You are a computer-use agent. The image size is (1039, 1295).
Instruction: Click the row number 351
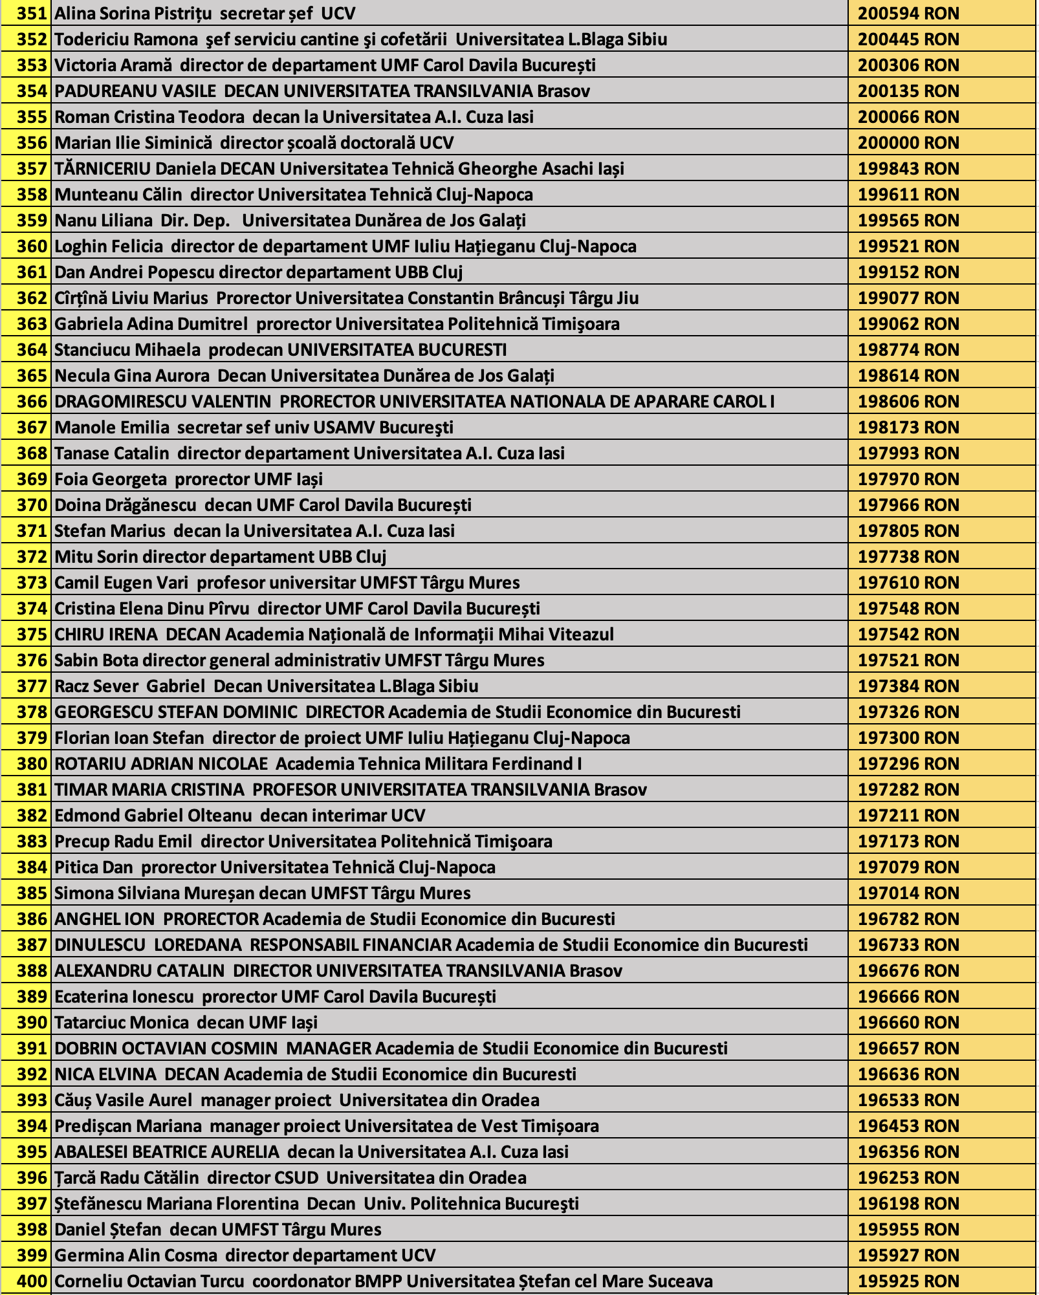click(32, 14)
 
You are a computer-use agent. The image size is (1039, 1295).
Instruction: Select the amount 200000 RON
click(908, 143)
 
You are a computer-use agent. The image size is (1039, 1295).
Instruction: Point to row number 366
click(32, 402)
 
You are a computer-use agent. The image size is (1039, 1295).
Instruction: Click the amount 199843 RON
click(908, 169)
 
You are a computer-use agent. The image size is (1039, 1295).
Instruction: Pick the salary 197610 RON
click(908, 583)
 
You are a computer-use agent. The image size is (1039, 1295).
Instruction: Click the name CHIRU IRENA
click(105, 635)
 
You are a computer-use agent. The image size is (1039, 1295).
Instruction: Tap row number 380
click(32, 764)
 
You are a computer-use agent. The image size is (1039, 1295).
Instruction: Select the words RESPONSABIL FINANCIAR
click(351, 945)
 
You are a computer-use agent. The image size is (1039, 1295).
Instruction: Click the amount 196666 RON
click(908, 997)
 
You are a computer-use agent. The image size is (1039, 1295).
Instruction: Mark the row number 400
click(32, 1281)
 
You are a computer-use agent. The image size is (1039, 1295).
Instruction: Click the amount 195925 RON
click(908, 1281)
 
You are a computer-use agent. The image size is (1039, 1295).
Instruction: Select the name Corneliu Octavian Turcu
click(149, 1281)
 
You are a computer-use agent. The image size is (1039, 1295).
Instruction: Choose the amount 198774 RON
click(908, 350)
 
